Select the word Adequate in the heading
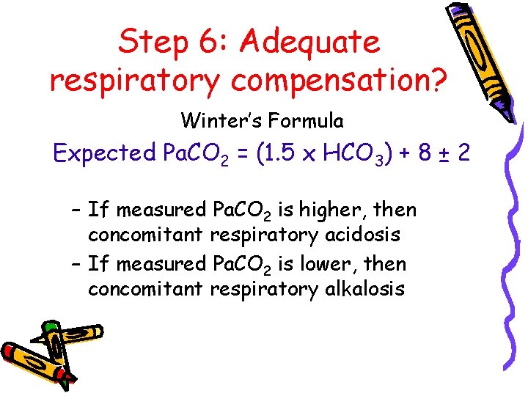[x=311, y=43]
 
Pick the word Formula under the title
[x=312, y=119]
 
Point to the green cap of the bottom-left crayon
[x=51, y=326]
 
